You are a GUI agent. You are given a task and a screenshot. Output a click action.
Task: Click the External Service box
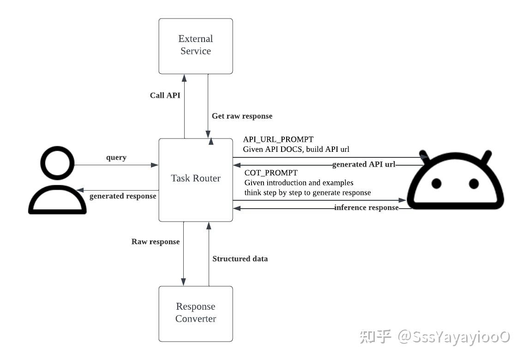pos(196,46)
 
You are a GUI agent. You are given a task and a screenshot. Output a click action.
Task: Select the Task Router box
pos(196,179)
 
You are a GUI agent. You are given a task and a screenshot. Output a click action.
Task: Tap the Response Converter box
pos(196,313)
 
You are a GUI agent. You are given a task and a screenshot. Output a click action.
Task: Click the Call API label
pos(165,96)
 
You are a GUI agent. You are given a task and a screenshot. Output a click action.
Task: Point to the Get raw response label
pos(242,116)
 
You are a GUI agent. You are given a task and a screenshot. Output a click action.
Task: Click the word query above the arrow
pos(116,157)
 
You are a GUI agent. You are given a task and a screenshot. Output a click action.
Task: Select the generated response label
pos(123,196)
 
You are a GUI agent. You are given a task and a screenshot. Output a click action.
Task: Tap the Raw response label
pos(156,241)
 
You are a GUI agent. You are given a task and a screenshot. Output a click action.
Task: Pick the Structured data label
pos(240,259)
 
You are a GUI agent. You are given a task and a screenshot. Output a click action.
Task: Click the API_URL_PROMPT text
pos(278,139)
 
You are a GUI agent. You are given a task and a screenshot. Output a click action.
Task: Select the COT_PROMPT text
pos(271,173)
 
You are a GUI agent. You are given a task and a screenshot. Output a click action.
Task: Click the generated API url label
pos(364,164)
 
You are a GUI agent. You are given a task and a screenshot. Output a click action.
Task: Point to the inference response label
pos(366,208)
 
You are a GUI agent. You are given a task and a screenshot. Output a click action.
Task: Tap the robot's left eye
pos(436,183)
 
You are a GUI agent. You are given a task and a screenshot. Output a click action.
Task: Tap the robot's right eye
pos(474,183)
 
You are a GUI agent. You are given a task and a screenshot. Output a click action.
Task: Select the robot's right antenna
pos(487,157)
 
